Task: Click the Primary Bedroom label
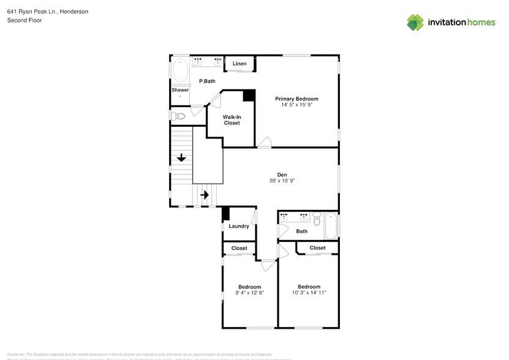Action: click(296, 99)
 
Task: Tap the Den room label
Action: click(282, 174)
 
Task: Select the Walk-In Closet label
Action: click(231, 119)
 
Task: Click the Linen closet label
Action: click(239, 64)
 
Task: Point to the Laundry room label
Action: click(239, 226)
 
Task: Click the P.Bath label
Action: click(207, 81)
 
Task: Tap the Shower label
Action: click(180, 90)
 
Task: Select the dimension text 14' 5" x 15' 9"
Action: click(296, 105)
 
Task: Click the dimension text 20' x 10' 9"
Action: click(282, 181)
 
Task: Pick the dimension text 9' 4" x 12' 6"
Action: click(249, 293)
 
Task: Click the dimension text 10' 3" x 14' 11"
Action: click(309, 293)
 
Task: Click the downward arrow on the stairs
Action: click(181, 159)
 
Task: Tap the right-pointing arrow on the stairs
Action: click(205, 195)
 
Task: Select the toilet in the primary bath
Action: click(178, 116)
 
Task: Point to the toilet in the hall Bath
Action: click(317, 219)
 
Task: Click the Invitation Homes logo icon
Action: click(416, 22)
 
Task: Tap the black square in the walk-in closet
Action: click(249, 96)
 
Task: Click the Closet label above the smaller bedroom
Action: click(239, 248)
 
